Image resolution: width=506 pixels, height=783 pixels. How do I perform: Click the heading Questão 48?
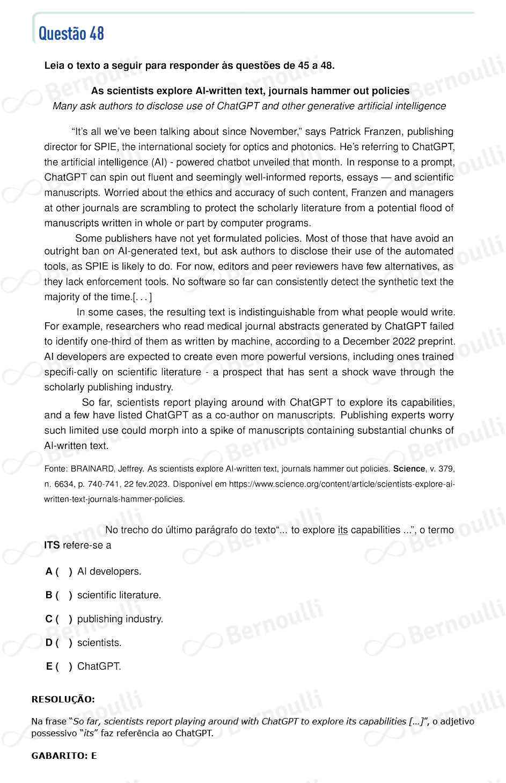71,33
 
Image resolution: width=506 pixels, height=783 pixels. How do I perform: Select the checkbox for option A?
64,572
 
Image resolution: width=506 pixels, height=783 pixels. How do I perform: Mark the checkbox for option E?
64,666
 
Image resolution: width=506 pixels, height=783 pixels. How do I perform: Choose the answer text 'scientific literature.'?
119,595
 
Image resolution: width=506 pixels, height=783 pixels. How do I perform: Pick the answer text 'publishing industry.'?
120,619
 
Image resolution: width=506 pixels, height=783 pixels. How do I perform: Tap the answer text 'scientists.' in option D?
99,643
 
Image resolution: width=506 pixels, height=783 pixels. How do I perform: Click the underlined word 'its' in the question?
343,530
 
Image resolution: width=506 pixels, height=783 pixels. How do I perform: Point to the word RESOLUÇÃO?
63,699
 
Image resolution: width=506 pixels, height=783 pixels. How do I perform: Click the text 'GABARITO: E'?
64,756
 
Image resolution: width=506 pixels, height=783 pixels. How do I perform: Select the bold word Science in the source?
409,469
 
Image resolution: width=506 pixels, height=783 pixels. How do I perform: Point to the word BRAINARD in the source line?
92,469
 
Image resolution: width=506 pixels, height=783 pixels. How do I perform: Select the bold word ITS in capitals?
52,546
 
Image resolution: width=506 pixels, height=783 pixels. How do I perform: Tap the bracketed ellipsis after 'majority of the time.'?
143,297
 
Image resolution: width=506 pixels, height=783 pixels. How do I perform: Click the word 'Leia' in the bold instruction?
54,66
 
